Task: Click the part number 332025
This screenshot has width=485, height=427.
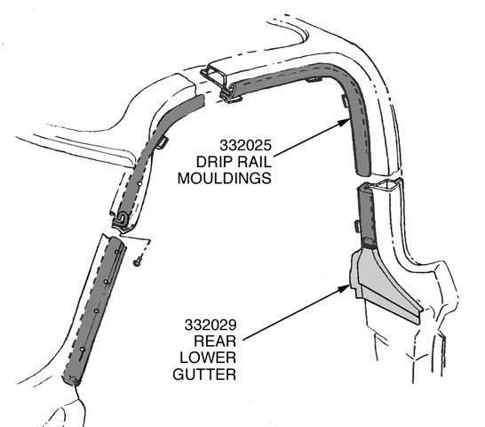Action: click(x=245, y=145)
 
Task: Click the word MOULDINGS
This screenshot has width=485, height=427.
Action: click(x=224, y=179)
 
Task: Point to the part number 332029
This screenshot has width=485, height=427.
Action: click(x=211, y=325)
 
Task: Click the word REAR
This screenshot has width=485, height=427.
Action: click(x=215, y=342)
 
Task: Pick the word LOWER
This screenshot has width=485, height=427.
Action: click(x=208, y=358)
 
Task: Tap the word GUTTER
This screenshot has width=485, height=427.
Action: click(x=204, y=375)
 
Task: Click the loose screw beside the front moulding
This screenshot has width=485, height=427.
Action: click(x=138, y=262)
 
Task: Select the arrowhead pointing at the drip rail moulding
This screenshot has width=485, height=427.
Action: click(x=344, y=122)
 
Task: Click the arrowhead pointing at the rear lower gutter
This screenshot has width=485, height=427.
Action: click(x=344, y=288)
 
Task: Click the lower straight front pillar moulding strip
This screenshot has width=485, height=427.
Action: click(x=95, y=310)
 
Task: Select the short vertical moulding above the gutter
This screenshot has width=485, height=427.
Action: click(x=367, y=213)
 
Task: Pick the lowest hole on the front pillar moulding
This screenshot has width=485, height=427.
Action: click(x=82, y=350)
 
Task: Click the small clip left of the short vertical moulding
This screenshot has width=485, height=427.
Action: click(x=357, y=226)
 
